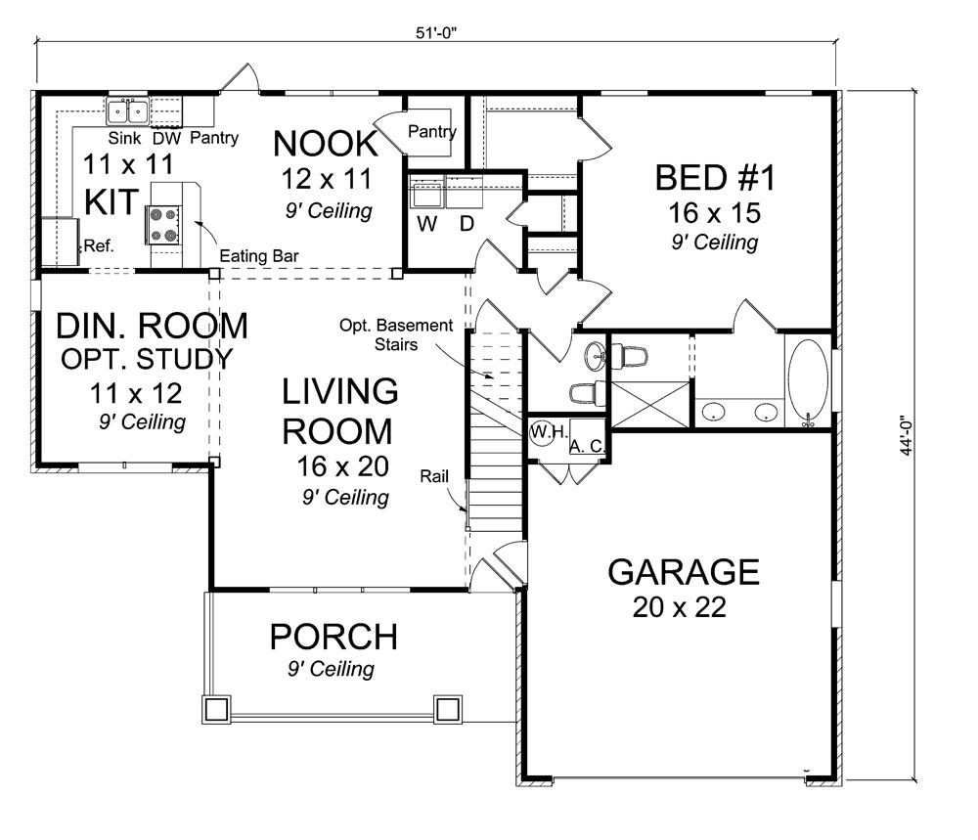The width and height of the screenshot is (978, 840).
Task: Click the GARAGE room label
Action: (x=684, y=570)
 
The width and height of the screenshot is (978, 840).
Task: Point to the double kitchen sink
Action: (x=128, y=110)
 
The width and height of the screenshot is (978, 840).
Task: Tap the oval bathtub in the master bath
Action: (x=808, y=381)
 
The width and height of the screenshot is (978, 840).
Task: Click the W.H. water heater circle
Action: (x=544, y=432)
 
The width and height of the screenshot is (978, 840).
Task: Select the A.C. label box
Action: (x=585, y=445)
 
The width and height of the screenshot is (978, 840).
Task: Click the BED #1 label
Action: (x=715, y=179)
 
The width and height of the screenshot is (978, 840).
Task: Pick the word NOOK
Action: (x=325, y=143)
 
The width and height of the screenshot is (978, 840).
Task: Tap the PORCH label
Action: (x=333, y=638)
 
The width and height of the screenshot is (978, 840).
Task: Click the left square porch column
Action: (x=215, y=708)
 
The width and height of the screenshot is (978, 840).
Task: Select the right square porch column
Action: (x=447, y=708)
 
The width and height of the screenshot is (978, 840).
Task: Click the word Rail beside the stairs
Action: (x=434, y=476)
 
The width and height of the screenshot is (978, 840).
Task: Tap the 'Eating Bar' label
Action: (x=259, y=256)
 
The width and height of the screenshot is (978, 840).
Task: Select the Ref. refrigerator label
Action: (x=100, y=246)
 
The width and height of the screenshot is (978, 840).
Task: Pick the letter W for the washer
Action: (x=425, y=224)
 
